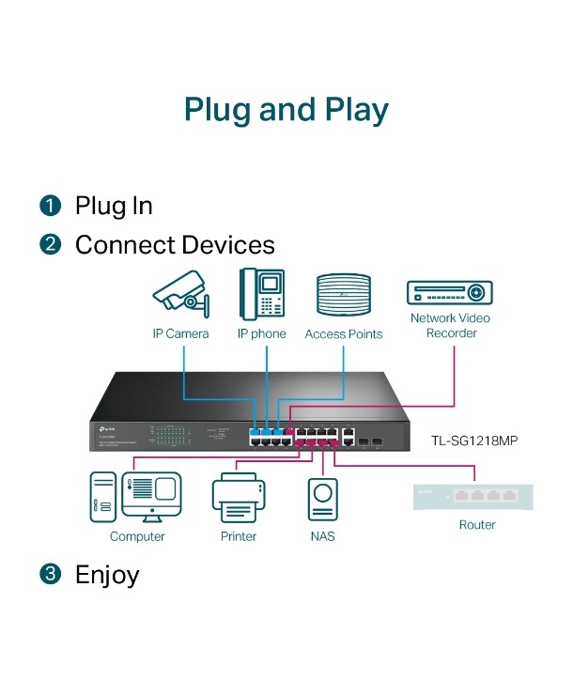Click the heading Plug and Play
286,109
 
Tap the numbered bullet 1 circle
50,206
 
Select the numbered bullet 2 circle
50,245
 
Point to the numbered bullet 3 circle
50,575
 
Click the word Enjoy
107,575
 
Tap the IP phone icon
261,293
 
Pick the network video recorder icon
450,292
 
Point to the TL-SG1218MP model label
475,439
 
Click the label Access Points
344,333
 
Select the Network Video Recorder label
450,326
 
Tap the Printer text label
239,536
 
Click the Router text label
476,524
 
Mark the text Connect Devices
175,245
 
